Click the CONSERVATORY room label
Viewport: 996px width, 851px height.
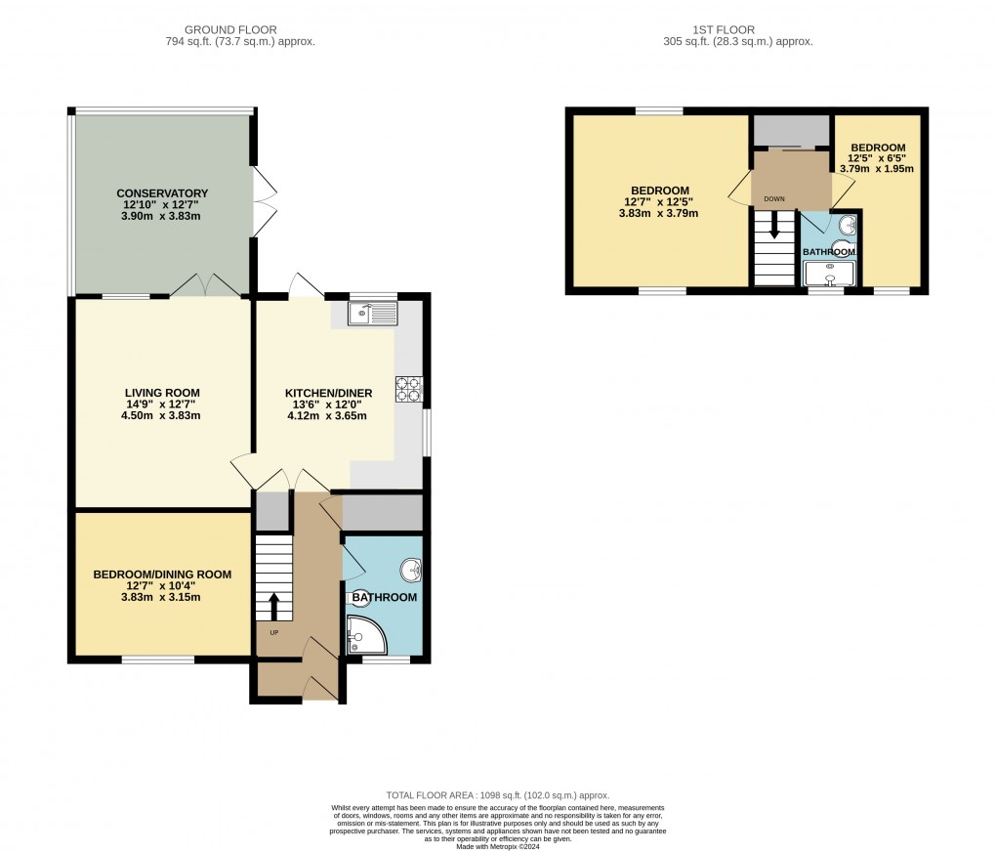162,192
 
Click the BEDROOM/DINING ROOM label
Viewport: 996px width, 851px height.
162,574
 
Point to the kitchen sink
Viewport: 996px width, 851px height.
371,314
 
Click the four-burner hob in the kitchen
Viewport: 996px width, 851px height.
407,389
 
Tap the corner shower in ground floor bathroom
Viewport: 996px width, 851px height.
365,635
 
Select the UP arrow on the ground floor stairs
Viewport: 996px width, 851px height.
273,606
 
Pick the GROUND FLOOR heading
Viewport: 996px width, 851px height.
238,30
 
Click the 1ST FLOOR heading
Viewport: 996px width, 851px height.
736,30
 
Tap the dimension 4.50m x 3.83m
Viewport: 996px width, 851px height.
162,415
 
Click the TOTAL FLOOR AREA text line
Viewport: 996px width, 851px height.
497,796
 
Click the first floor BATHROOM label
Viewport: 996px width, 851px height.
829,252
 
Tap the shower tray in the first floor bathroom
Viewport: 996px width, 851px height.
829,276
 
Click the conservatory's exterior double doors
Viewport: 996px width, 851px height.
262,200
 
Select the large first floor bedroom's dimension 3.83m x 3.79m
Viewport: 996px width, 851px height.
660,214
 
